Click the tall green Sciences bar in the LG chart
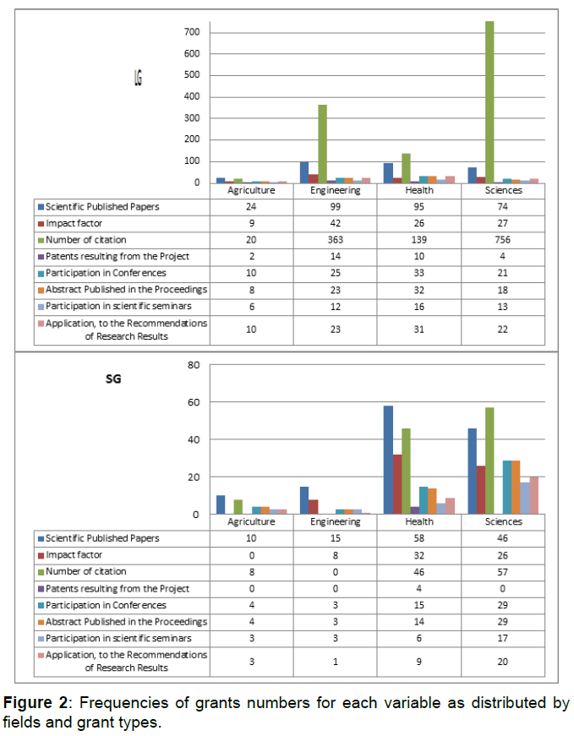[489, 101]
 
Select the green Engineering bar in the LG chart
[323, 144]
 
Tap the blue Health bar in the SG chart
[388, 460]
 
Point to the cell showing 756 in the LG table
[503, 239]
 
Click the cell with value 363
[336, 239]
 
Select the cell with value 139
[419, 239]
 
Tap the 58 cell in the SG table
[419, 538]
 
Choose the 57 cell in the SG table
[503, 572]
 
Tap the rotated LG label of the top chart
[138, 79]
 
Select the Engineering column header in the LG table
[336, 190]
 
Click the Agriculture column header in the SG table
[252, 522]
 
